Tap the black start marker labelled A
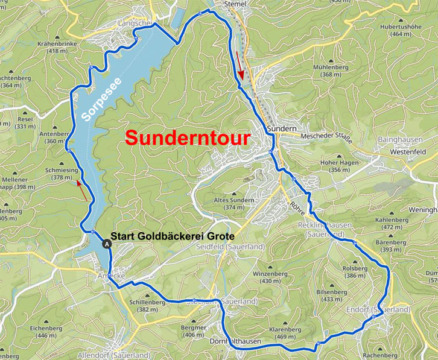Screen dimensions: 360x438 pyautogui.click(x=107, y=244)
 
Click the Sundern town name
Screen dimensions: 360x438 pyautogui.click(x=279, y=129)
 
